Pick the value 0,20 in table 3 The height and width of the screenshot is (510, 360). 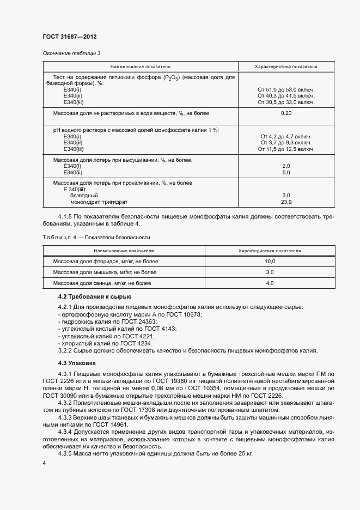[286, 113]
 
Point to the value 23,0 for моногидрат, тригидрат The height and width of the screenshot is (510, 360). [286, 202]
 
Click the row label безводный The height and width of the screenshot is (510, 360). [86, 195]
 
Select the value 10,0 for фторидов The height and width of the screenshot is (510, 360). [270, 262]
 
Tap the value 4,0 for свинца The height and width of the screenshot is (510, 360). [270, 283]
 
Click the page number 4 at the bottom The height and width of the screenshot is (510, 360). [44, 462]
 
